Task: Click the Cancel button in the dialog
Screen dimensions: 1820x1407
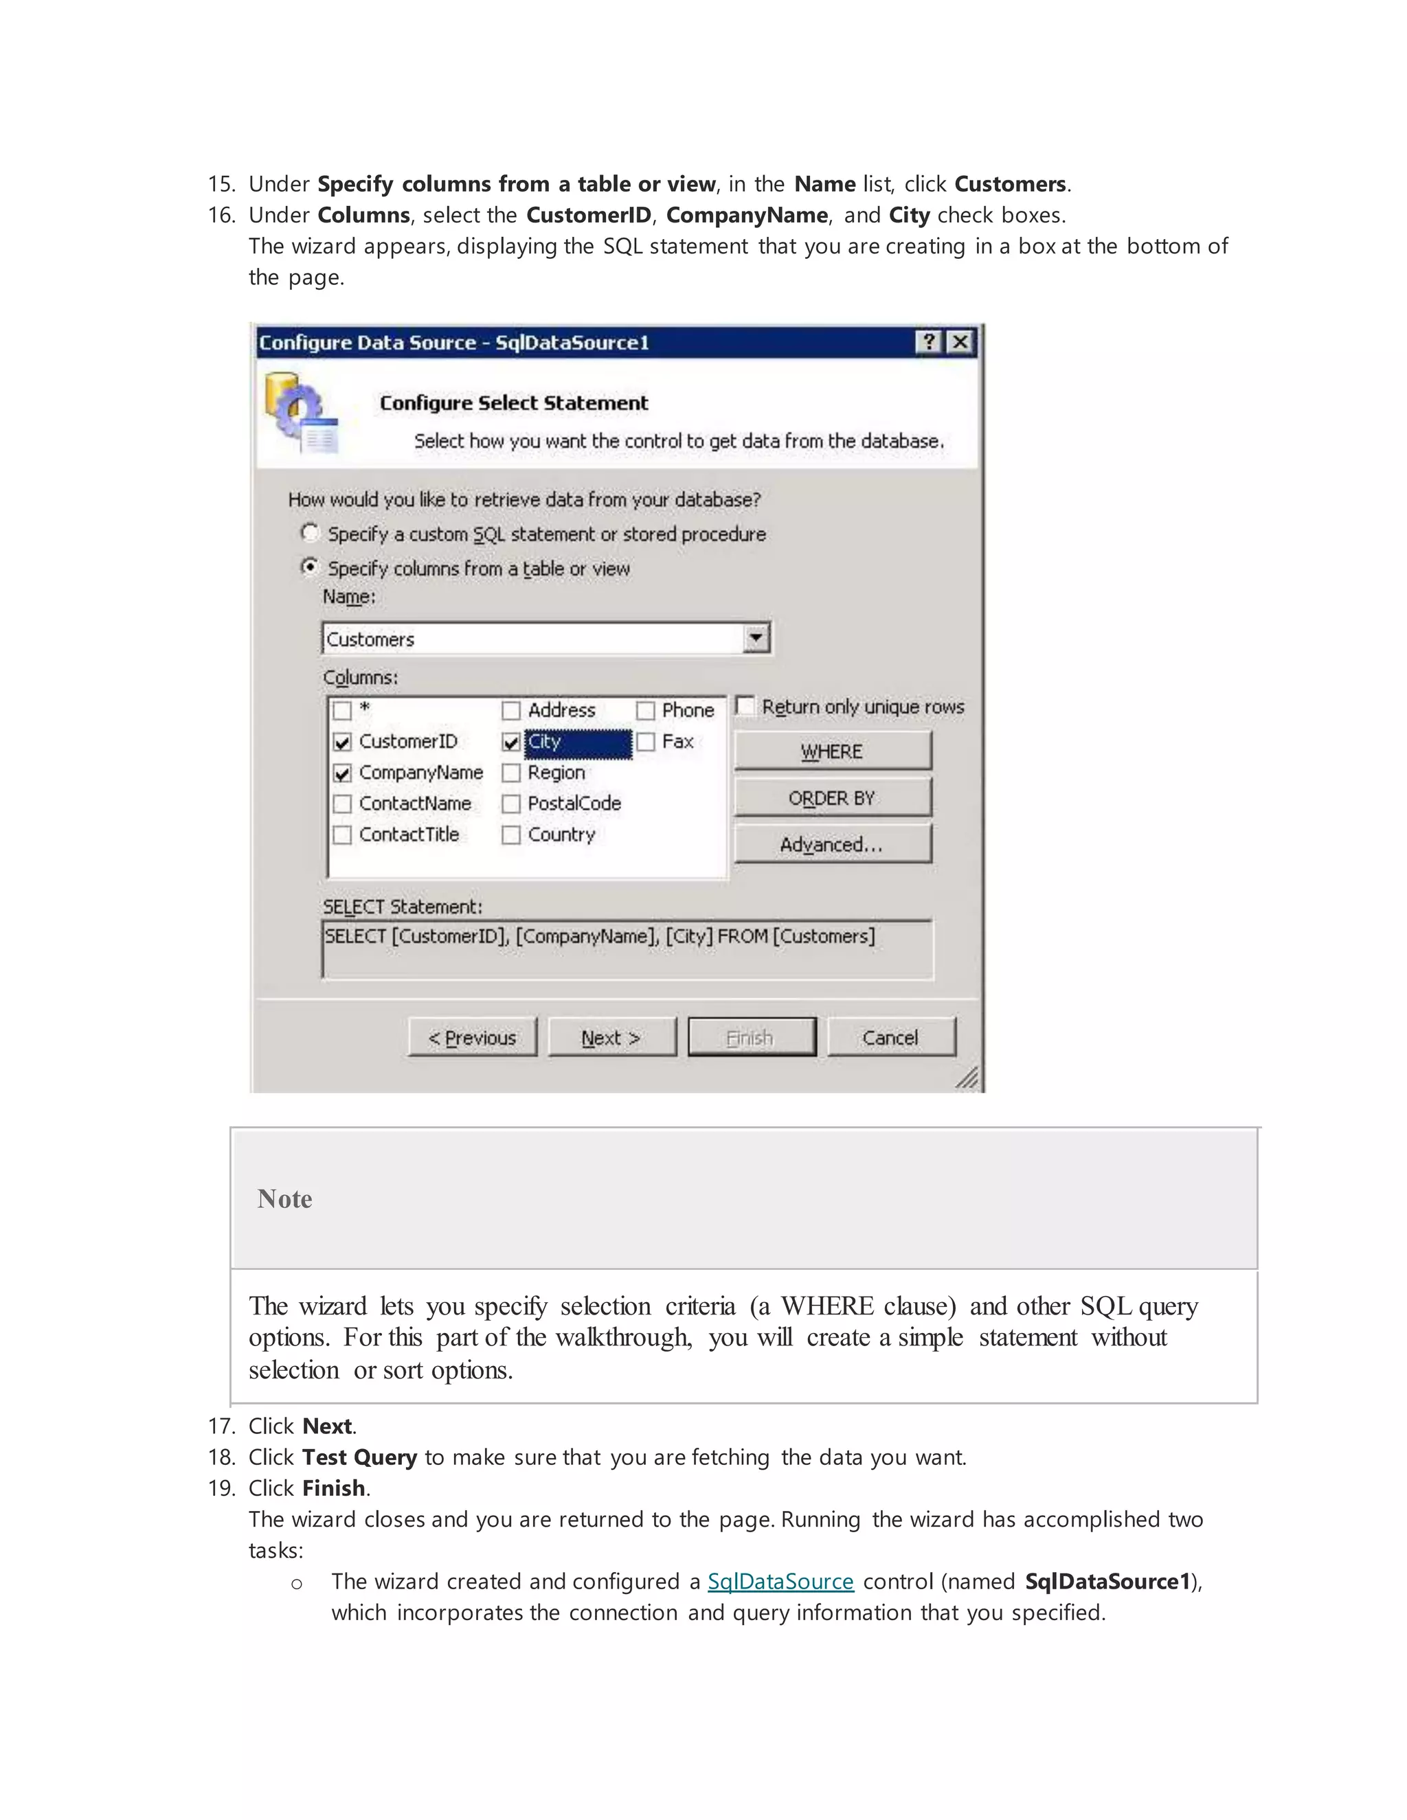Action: coord(890,1038)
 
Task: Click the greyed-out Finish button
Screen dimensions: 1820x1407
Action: coord(751,1038)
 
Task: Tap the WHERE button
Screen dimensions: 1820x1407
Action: coord(832,751)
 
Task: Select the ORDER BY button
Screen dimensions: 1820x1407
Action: coord(832,797)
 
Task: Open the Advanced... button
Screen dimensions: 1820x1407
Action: coord(832,844)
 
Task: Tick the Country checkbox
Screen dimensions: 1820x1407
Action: coord(511,835)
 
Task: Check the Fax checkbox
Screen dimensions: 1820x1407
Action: coord(646,742)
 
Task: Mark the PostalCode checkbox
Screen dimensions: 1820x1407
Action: coord(511,804)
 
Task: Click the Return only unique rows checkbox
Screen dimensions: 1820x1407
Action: coord(746,707)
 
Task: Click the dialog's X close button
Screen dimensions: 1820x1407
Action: coord(960,341)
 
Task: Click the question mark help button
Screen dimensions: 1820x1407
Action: coord(929,341)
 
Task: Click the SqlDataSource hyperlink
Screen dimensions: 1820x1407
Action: coord(780,1582)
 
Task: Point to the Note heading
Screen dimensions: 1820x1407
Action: coord(285,1198)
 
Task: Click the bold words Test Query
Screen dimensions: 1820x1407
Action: coord(359,1457)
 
